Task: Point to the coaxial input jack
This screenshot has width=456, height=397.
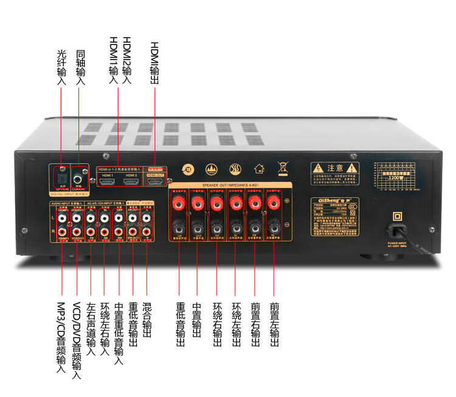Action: point(79,179)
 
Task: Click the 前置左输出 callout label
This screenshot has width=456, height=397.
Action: point(274,325)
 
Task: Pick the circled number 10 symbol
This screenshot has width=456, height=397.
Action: point(189,169)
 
